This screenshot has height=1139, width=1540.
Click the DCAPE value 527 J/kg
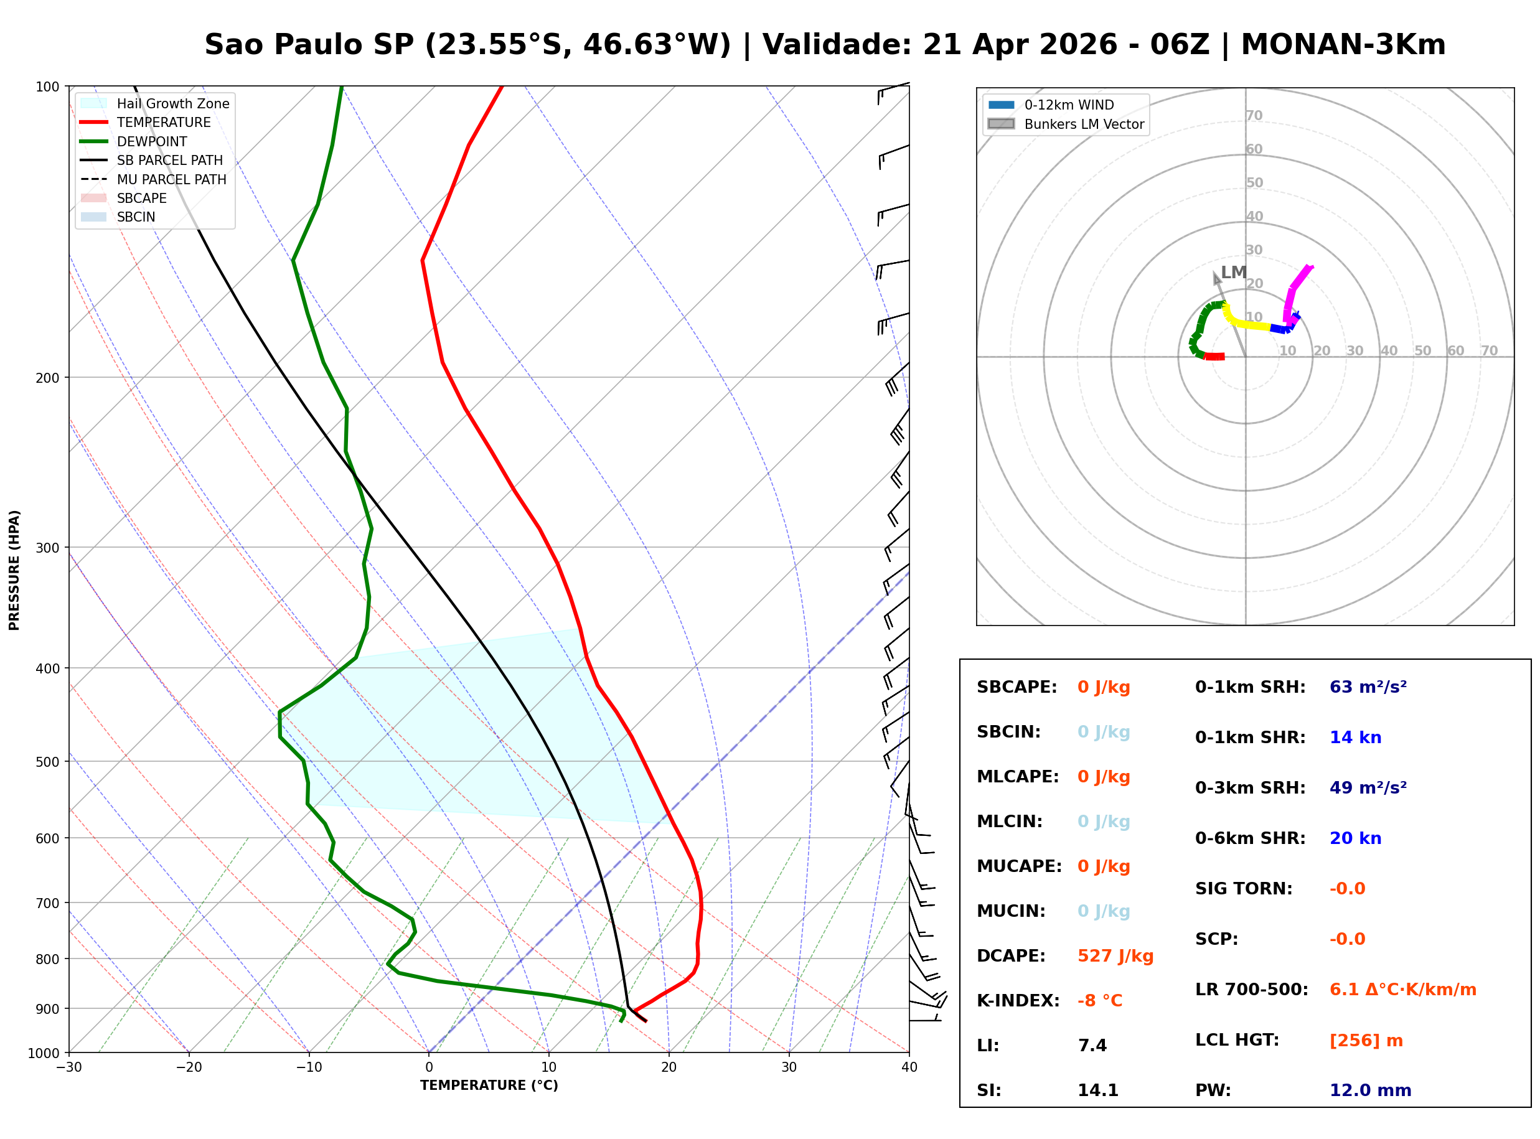(1115, 956)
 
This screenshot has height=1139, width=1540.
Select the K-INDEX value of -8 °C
(1099, 1001)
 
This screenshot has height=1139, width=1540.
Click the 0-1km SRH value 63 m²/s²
(1368, 687)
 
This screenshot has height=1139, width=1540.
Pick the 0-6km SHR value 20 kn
(1355, 838)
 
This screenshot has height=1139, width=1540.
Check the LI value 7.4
(1092, 1046)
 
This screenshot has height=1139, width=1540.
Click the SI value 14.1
(1097, 1090)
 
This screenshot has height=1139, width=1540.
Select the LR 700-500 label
(1251, 990)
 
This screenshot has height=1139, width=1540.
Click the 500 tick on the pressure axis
(47, 762)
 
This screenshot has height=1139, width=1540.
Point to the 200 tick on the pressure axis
(47, 378)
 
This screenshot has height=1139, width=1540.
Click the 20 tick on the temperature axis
(669, 1068)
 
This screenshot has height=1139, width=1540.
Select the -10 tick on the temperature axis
(309, 1068)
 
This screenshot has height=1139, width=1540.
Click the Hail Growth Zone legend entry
(172, 103)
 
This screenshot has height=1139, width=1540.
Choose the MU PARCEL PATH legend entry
(171, 179)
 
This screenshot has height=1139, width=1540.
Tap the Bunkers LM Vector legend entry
(1084, 124)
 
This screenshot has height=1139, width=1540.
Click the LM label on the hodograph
(1233, 273)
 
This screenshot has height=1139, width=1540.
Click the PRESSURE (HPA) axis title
(14, 570)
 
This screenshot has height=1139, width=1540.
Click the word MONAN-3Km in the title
(1343, 45)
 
